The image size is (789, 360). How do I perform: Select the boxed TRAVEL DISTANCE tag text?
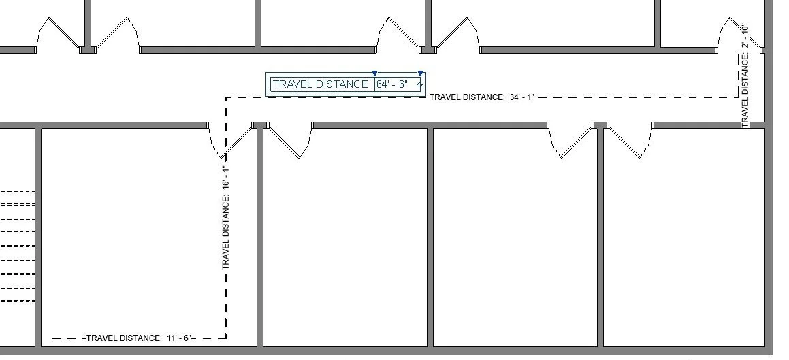tap(320, 84)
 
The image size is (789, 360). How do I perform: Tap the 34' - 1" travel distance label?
tap(482, 97)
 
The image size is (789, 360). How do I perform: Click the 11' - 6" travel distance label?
tap(140, 338)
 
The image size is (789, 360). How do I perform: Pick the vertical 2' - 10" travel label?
tap(745, 75)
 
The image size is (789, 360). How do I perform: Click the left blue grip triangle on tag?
tap(374, 73)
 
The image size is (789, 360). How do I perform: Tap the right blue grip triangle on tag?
tap(420, 73)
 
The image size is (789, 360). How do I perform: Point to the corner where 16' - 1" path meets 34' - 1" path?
tap(226, 97)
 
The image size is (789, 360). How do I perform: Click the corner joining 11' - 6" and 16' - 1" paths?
tap(226, 338)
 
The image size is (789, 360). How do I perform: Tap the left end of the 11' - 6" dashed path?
tap(54, 338)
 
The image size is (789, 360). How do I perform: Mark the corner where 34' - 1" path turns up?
tap(738, 97)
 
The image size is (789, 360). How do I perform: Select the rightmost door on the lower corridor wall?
tap(624, 142)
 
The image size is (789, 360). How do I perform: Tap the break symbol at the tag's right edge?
tap(421, 84)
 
